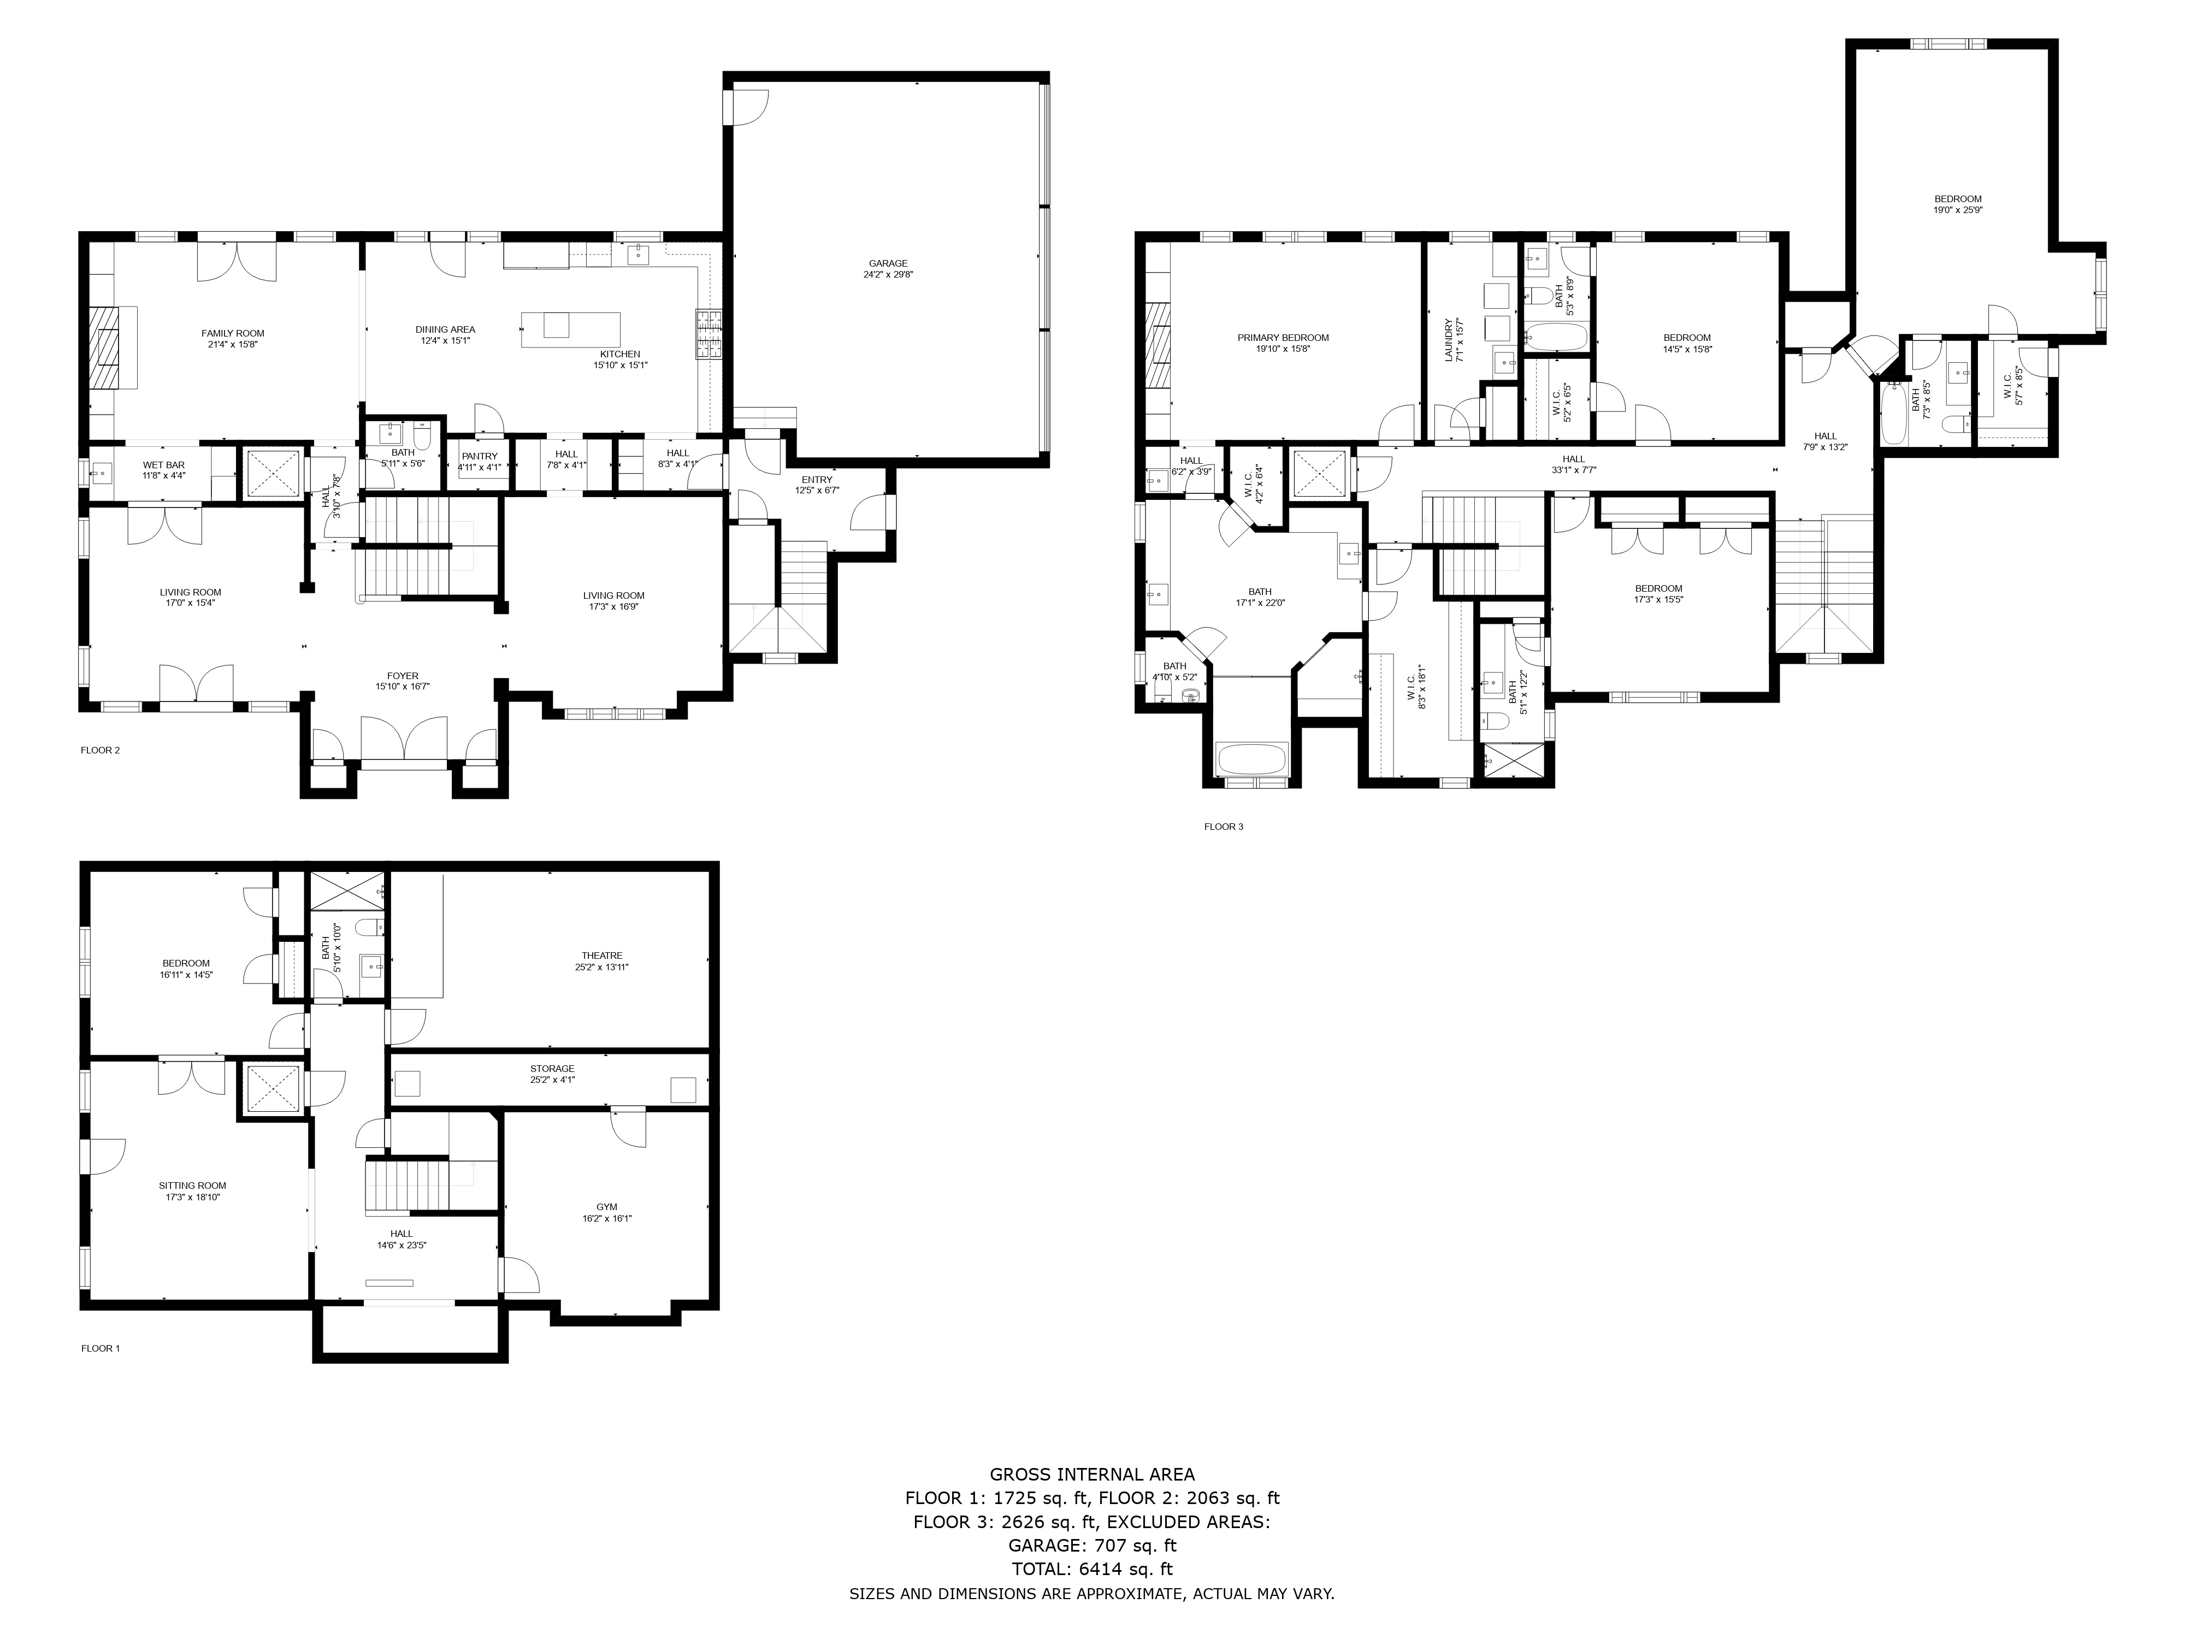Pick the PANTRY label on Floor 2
pyautogui.click(x=479, y=456)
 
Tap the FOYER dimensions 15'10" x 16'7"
pyautogui.click(x=402, y=687)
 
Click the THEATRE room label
pyautogui.click(x=601, y=956)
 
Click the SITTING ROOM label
pyautogui.click(x=193, y=1186)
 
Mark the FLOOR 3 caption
pyautogui.click(x=1223, y=827)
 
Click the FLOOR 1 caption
pyautogui.click(x=100, y=1348)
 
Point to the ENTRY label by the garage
pyautogui.click(x=817, y=480)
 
